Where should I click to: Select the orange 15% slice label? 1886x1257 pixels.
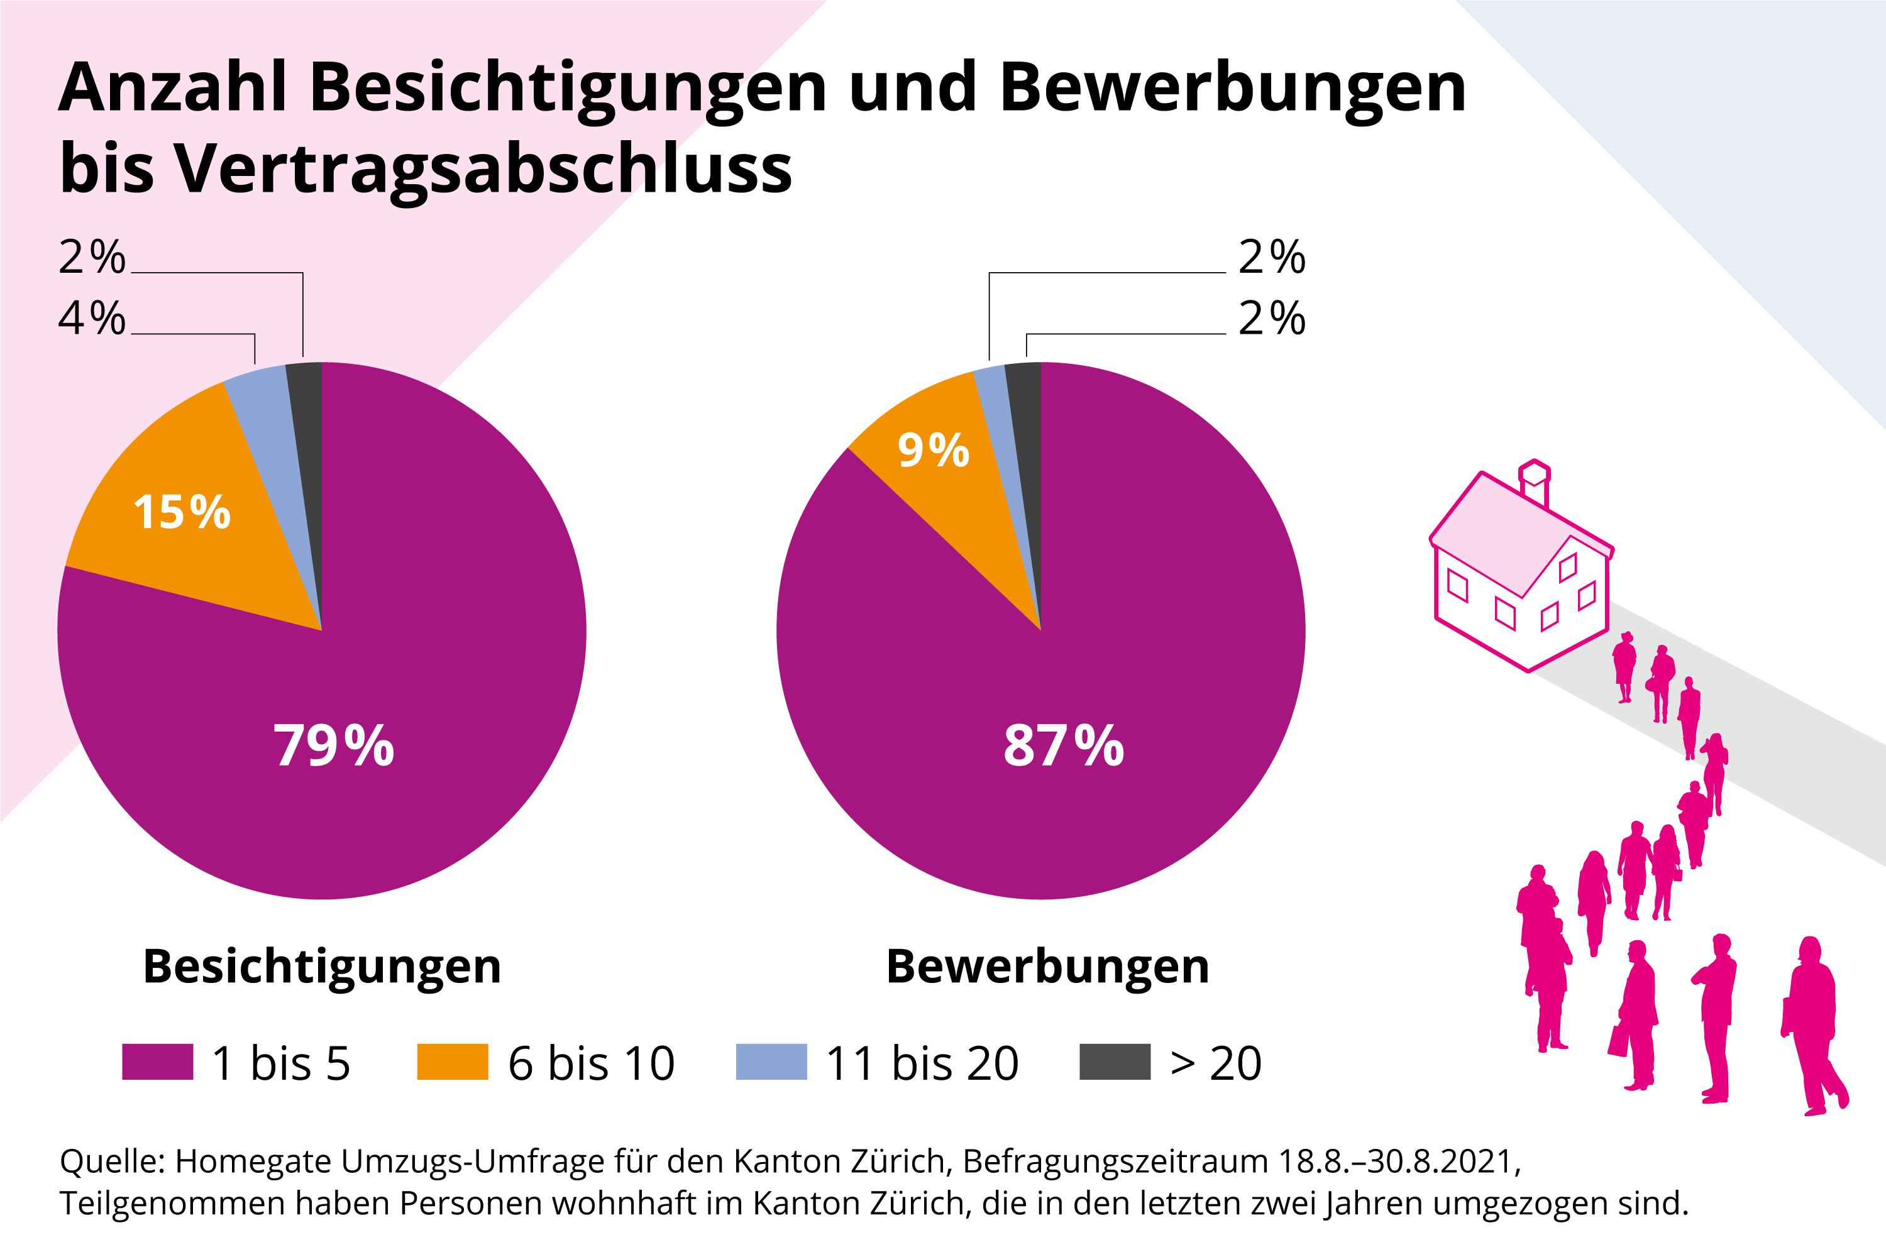182,512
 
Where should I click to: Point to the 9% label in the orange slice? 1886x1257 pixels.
934,450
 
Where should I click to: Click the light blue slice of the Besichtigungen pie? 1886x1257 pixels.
277,449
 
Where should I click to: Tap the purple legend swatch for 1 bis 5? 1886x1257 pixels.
157,1062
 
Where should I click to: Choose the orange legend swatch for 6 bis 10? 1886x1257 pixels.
452,1062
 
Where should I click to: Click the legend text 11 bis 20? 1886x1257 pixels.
922,1064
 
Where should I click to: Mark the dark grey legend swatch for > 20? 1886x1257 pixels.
1115,1062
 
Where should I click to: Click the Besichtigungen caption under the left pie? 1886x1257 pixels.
321,967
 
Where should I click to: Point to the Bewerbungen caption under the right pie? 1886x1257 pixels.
1047,967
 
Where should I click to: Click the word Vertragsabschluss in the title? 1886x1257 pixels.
483,170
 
